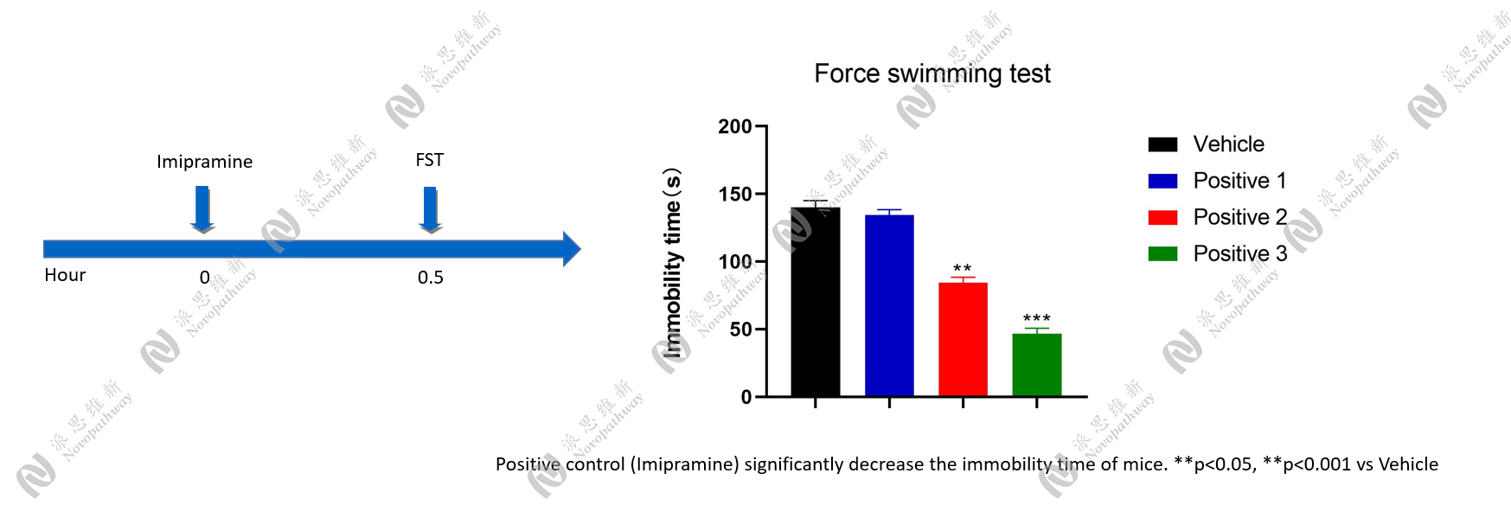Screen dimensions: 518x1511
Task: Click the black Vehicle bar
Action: pos(815,302)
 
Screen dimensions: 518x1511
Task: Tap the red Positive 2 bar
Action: pos(963,339)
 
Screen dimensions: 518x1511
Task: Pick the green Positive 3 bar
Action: pos(1036,364)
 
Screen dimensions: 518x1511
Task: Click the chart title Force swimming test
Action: pos(932,74)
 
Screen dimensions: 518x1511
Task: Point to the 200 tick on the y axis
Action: pos(735,127)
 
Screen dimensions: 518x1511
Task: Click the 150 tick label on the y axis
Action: pos(735,195)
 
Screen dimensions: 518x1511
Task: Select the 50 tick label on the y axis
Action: pos(740,329)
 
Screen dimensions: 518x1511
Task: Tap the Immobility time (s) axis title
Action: pos(672,263)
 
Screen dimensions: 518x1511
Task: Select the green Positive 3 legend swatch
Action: pos(1162,254)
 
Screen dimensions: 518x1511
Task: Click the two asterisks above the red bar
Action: pos(962,269)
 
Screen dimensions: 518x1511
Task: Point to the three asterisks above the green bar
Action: pos(1036,319)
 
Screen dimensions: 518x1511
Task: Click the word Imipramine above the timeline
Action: pos(204,162)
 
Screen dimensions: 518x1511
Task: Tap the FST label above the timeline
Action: pos(429,160)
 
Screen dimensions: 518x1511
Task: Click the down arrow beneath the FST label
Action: pos(430,210)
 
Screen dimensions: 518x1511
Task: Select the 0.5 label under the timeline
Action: pos(430,278)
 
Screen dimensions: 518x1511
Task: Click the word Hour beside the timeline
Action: pos(65,275)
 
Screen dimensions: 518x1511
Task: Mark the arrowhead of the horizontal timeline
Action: pos(571,249)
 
